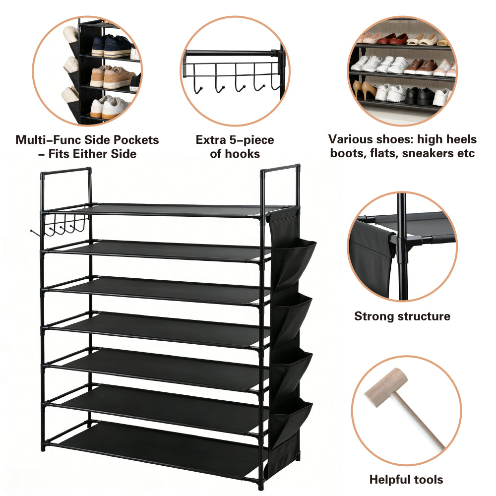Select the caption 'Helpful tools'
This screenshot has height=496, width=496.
click(x=406, y=479)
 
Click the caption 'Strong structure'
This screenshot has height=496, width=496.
click(x=402, y=316)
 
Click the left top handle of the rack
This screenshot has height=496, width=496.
click(x=66, y=171)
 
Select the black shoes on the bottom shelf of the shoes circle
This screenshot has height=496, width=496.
click(x=419, y=96)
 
